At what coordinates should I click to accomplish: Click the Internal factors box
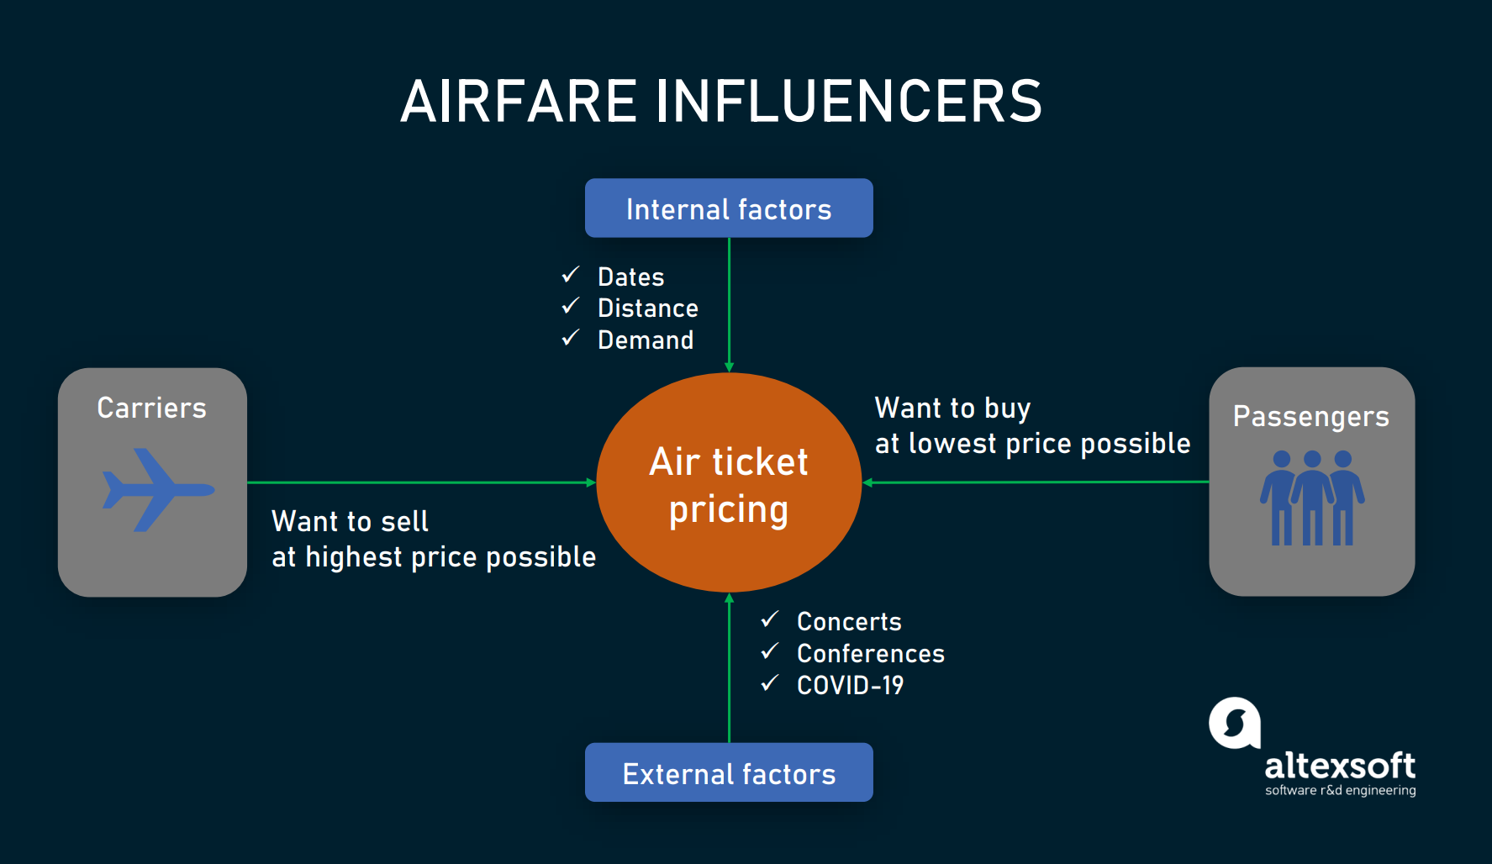[x=729, y=208]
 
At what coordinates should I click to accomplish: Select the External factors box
[x=729, y=772]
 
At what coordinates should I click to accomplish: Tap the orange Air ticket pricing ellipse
[x=729, y=482]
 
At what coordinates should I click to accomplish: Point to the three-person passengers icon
[x=1312, y=498]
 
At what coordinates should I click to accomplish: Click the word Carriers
[x=152, y=408]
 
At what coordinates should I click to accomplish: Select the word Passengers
[x=1311, y=417]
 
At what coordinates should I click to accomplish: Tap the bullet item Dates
[x=630, y=277]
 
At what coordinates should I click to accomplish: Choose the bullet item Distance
[x=648, y=308]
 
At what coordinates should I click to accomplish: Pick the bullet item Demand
[x=646, y=340]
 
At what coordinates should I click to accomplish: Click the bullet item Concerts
[x=849, y=622]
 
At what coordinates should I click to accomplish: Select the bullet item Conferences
[x=871, y=654]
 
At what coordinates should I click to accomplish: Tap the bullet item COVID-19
[x=851, y=686]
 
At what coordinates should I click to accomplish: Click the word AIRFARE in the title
[x=519, y=102]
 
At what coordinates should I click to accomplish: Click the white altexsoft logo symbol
[x=1235, y=723]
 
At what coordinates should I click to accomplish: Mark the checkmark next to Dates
[x=571, y=275]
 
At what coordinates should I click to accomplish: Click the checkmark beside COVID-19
[x=770, y=683]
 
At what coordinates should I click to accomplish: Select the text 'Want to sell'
[x=351, y=521]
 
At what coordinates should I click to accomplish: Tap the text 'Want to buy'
[x=953, y=408]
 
